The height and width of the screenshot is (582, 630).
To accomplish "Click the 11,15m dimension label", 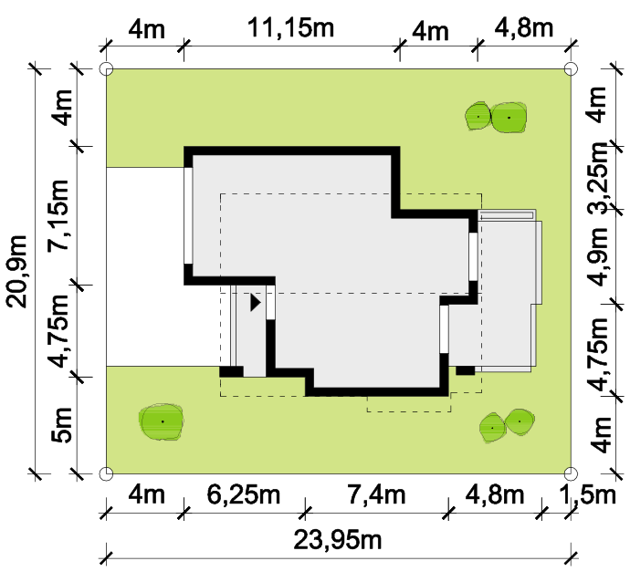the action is click(290, 27).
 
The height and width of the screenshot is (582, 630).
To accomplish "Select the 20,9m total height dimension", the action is click(16, 272).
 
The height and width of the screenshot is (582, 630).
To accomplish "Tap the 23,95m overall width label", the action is click(338, 540).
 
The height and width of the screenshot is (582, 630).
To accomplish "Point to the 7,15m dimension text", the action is click(58, 215).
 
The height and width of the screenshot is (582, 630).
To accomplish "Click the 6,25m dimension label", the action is click(244, 494).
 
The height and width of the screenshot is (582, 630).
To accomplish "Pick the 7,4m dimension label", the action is click(376, 494).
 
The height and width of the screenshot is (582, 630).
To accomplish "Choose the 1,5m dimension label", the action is click(587, 494).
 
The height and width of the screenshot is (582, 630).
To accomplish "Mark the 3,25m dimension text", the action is click(600, 178).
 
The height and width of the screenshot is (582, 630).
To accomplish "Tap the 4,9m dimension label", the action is click(600, 256).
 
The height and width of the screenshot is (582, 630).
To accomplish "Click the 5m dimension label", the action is click(62, 425).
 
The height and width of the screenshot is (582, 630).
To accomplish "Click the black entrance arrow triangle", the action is click(256, 302).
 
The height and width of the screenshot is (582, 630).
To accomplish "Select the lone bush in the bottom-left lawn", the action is click(161, 421).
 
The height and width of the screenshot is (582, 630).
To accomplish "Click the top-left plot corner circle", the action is click(106, 69).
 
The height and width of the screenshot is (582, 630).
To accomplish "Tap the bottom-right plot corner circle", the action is click(571, 473).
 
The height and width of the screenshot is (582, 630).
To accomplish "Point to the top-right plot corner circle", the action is click(571, 68).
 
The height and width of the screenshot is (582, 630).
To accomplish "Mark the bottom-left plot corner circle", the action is click(106, 473).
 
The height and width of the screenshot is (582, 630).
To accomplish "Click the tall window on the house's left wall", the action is click(188, 215).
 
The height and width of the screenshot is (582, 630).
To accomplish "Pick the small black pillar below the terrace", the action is click(466, 370).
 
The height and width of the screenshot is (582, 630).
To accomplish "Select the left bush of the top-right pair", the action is click(478, 117).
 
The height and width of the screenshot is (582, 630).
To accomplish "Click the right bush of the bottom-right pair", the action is click(520, 421).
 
